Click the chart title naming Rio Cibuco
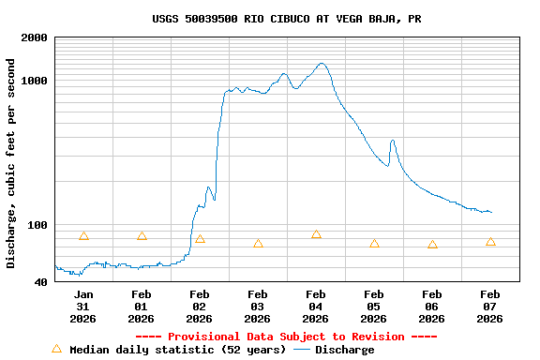point(286,19)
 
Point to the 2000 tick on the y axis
point(35,37)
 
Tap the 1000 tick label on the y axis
point(35,81)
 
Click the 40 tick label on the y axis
point(40,282)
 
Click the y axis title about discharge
point(11,163)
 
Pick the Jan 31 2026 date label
point(82,307)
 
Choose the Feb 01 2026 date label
point(141,307)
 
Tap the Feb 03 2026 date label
point(257,307)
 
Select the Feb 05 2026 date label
point(373,307)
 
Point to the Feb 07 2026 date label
point(489,307)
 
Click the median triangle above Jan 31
point(83,235)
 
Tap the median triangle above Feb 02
point(200,239)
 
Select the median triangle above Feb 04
point(316,233)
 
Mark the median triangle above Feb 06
point(432,244)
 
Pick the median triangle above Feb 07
point(490,241)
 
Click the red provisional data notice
point(286,337)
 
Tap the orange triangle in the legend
point(56,349)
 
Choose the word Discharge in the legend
point(344,350)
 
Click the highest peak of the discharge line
point(322,64)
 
